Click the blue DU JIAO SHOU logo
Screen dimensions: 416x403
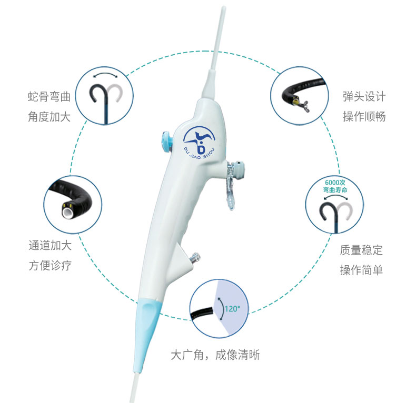pos(200,143)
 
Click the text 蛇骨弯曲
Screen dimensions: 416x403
pos(49,96)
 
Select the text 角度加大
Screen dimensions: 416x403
pos(49,117)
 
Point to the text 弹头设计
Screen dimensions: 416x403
pos(364,96)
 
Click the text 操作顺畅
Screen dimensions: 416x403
pos(364,117)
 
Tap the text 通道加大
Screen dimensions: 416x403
pos(50,245)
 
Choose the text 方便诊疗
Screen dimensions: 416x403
pos(50,265)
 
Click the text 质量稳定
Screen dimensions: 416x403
pos(361,250)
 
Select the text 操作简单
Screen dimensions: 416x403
pos(361,270)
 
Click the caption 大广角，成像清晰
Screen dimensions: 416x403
pos(215,355)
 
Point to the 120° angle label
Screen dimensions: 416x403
pos(232,309)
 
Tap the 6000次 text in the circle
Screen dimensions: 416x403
pos(335,183)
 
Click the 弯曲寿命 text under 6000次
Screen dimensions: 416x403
pos(335,190)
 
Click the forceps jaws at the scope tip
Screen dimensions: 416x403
pos(304,106)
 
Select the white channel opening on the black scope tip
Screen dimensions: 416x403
pos(68,211)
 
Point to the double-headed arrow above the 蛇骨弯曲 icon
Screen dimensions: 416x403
pos(105,75)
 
